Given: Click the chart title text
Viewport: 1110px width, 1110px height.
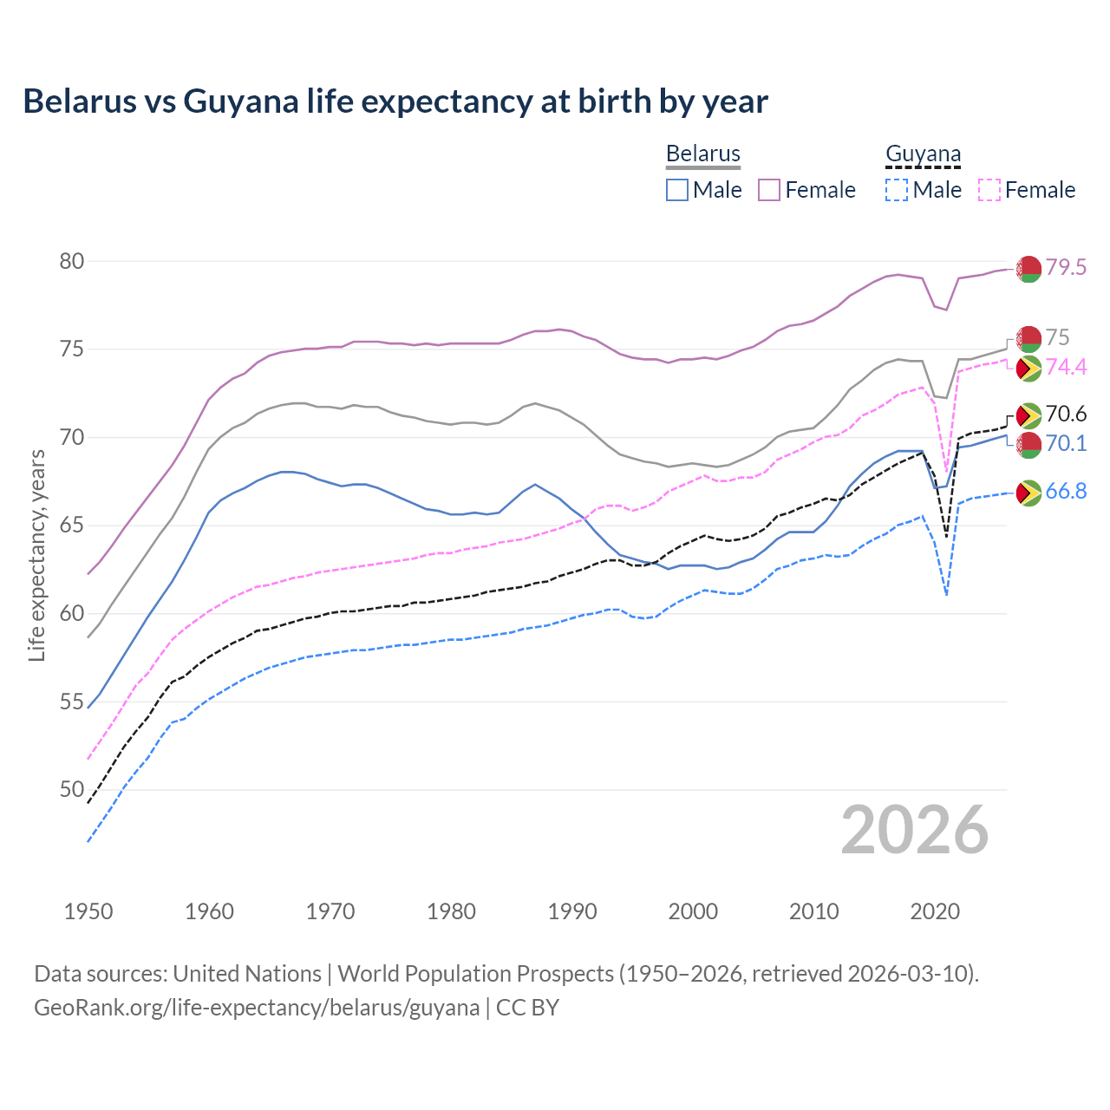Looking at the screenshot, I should (395, 101).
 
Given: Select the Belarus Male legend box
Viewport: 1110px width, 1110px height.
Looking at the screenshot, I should (677, 190).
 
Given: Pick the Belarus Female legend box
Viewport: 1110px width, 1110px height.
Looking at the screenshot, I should (769, 190).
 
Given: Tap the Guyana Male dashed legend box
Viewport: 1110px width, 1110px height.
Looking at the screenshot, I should (897, 190).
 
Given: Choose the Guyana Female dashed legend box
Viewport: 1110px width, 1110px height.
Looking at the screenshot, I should (989, 190).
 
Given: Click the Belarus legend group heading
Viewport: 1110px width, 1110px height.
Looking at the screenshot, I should (703, 154).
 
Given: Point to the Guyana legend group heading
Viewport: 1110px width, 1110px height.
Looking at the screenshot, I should (923, 154).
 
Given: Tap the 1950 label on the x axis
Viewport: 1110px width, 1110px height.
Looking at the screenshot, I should (88, 911).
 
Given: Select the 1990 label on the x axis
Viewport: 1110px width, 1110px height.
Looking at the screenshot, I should (572, 911).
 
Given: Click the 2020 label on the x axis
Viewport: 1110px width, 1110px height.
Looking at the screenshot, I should (935, 911).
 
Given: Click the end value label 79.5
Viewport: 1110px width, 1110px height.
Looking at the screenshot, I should (1066, 268).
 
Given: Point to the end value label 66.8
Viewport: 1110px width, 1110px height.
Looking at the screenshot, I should (1066, 492).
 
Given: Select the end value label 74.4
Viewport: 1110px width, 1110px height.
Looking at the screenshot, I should (1066, 368).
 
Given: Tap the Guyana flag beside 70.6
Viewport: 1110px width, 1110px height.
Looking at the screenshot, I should (1028, 415).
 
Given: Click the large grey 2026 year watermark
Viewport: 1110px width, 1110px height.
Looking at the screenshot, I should (915, 830).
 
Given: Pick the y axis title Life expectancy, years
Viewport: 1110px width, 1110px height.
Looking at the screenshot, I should (36, 555).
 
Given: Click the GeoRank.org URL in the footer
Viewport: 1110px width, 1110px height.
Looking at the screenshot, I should (257, 1008).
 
